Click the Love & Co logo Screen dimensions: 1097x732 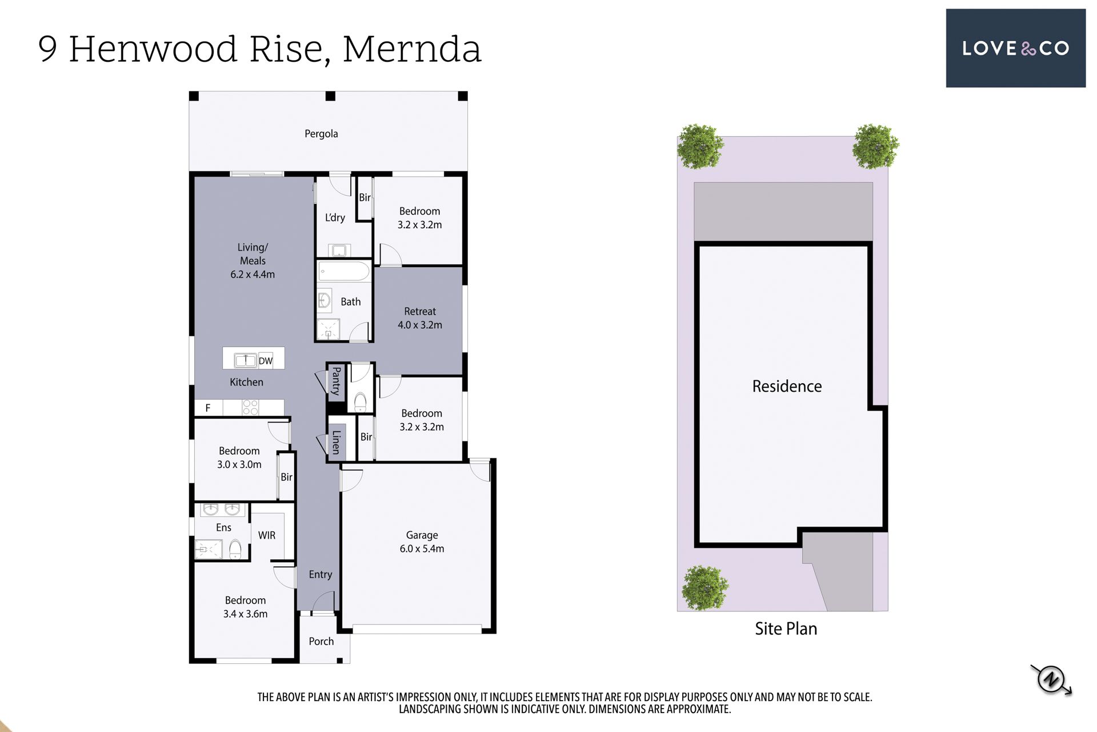(x=1015, y=48)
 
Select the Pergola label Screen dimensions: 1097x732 (x=321, y=134)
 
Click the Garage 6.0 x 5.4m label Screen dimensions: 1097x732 (x=422, y=542)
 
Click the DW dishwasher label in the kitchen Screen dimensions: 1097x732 (x=266, y=361)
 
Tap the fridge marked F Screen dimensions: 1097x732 (x=209, y=408)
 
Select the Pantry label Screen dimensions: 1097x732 (x=337, y=381)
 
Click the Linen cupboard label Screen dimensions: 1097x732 (x=337, y=442)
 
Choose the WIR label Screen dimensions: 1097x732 (x=267, y=535)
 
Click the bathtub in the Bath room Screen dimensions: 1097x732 (x=344, y=271)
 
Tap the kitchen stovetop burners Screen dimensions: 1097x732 (x=250, y=408)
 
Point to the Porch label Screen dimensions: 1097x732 (x=321, y=641)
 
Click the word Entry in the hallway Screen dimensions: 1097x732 (x=320, y=574)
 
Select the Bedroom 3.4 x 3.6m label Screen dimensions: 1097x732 (x=245, y=607)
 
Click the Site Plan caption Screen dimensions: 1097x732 (x=786, y=628)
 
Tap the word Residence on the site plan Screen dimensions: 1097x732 (x=787, y=386)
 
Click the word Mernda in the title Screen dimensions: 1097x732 (x=412, y=49)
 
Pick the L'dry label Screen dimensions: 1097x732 (x=335, y=217)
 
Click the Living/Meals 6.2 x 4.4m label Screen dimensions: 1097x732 (x=253, y=261)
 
